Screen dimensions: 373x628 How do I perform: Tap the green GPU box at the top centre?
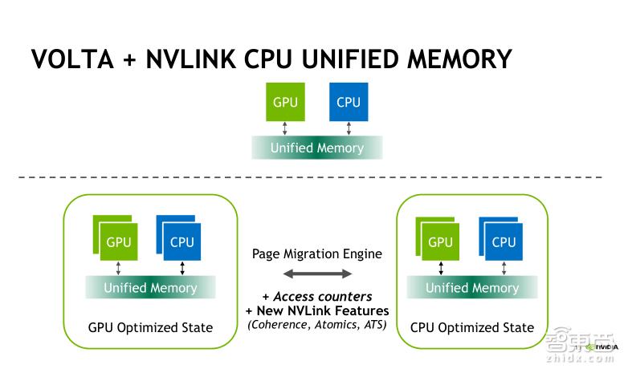[x=285, y=102]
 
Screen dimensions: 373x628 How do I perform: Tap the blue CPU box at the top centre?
[x=349, y=102]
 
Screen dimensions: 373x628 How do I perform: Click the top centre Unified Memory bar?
[x=316, y=148]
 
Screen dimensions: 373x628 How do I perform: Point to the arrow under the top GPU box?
[x=285, y=128]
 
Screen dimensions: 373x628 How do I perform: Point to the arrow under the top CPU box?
[x=349, y=128]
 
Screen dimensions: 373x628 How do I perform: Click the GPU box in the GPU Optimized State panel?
[x=119, y=241]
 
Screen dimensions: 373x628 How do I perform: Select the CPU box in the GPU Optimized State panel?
[x=182, y=241]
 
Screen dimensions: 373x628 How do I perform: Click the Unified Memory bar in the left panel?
[x=150, y=287]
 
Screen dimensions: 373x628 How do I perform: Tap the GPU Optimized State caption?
[x=150, y=327]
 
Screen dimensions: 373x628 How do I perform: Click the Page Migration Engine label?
[x=316, y=253]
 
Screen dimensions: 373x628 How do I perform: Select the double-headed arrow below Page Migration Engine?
[x=316, y=274]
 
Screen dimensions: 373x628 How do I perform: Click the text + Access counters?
[x=316, y=296]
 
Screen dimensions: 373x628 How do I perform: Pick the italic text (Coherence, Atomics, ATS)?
[x=316, y=324]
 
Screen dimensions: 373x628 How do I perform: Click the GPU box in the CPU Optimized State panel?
[x=440, y=241]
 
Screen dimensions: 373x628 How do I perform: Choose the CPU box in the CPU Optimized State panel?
[x=504, y=241]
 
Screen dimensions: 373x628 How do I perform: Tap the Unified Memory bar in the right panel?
[x=472, y=287]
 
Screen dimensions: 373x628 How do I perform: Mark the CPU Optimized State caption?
[x=472, y=327]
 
